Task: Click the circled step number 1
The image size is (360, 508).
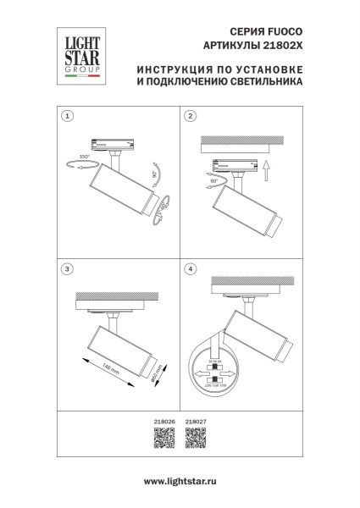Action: click(68, 115)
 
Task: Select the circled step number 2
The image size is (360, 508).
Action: click(191, 115)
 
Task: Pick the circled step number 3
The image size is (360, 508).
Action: click(68, 269)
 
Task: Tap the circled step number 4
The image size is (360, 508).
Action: click(191, 269)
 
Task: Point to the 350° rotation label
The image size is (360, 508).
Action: click(83, 157)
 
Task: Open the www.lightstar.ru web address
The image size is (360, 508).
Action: click(180, 481)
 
